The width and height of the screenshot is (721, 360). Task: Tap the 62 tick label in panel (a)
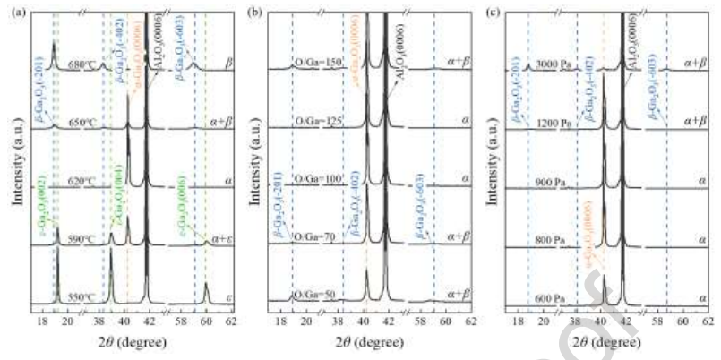click(230, 320)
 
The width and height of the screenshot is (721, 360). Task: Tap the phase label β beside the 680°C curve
click(227, 65)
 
